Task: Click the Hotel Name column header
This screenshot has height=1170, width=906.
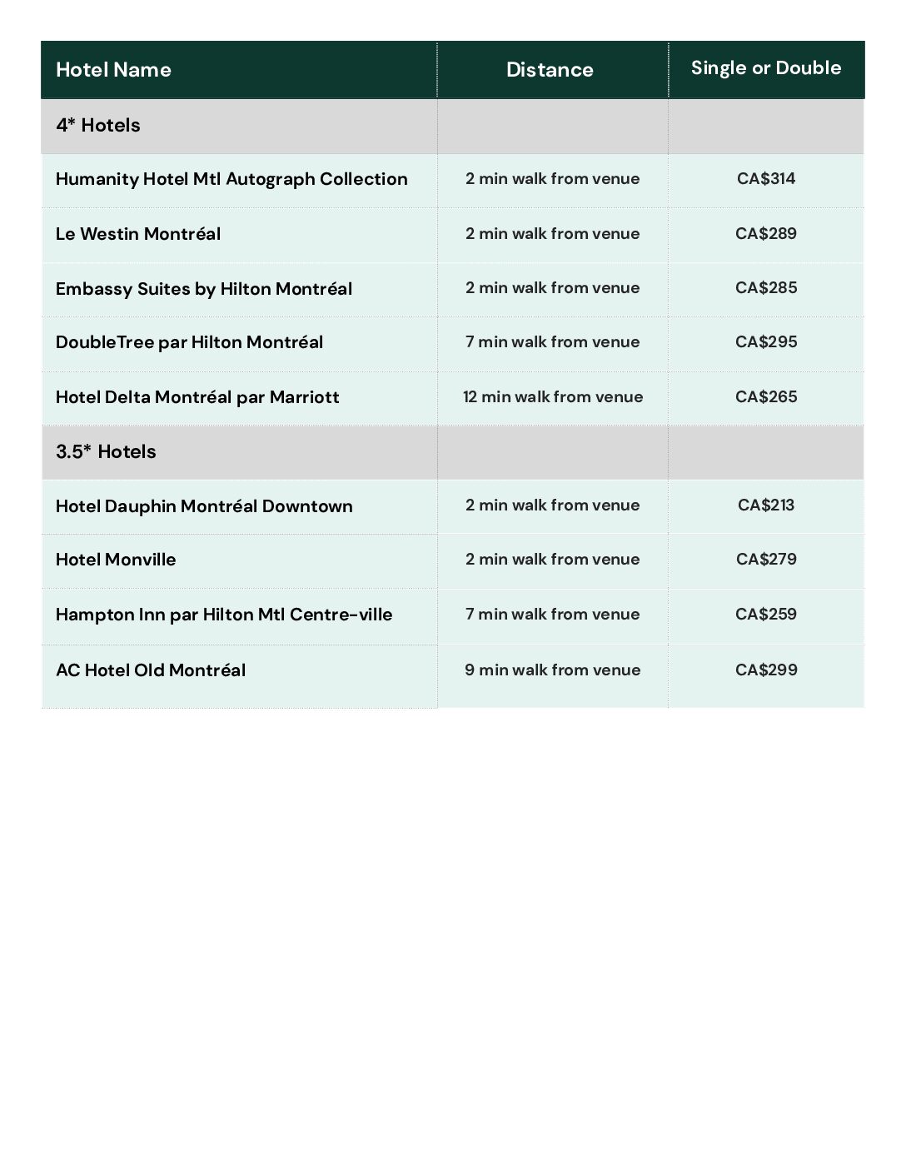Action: tap(113, 70)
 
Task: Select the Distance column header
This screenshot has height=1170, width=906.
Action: tap(550, 70)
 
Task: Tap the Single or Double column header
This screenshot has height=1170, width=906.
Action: tap(766, 68)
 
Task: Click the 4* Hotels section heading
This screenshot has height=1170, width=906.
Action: tap(98, 126)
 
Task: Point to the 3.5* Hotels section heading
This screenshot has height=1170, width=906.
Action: tap(106, 452)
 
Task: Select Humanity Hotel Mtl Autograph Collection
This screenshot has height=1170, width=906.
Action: tap(231, 179)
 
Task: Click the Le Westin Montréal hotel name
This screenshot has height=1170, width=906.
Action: tap(138, 234)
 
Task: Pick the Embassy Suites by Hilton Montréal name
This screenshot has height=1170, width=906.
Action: tap(204, 289)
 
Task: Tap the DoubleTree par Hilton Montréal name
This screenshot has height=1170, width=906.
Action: tap(189, 342)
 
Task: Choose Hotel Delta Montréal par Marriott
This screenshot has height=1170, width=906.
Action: tap(197, 397)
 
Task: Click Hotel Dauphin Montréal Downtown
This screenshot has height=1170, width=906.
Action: tap(204, 506)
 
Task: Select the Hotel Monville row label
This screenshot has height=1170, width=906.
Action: tap(116, 560)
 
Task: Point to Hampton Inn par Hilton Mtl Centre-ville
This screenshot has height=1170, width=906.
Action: tap(224, 615)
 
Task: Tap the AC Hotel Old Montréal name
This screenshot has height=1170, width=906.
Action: tap(151, 670)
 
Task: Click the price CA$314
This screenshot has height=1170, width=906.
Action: tap(766, 178)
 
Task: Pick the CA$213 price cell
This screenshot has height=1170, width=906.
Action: tap(766, 505)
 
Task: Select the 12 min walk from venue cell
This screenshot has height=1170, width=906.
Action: tap(553, 396)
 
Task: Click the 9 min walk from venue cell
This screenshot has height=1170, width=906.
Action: tap(553, 670)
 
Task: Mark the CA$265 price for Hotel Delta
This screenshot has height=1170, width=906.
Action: tap(766, 396)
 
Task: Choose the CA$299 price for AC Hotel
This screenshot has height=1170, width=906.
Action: tap(766, 670)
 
